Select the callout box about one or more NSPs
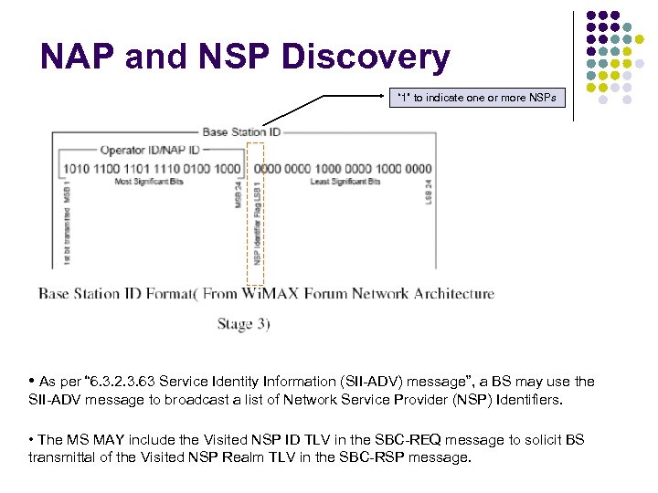pos(476,98)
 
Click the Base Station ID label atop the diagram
pos(241,131)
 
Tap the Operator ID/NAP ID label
pos(149,150)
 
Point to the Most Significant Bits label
pos(149,182)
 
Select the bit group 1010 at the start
pos(76,168)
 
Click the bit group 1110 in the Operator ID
pos(166,168)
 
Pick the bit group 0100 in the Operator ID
pos(196,168)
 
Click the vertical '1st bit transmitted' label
pos(67,225)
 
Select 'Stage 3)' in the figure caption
pos(243,323)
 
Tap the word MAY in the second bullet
pos(111,440)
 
